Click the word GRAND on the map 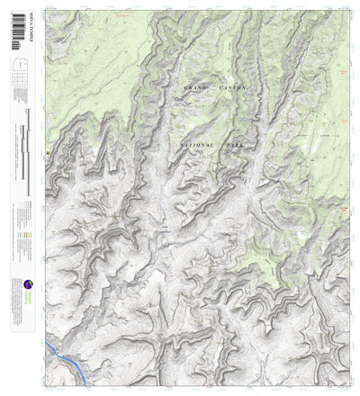[x=193, y=88]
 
